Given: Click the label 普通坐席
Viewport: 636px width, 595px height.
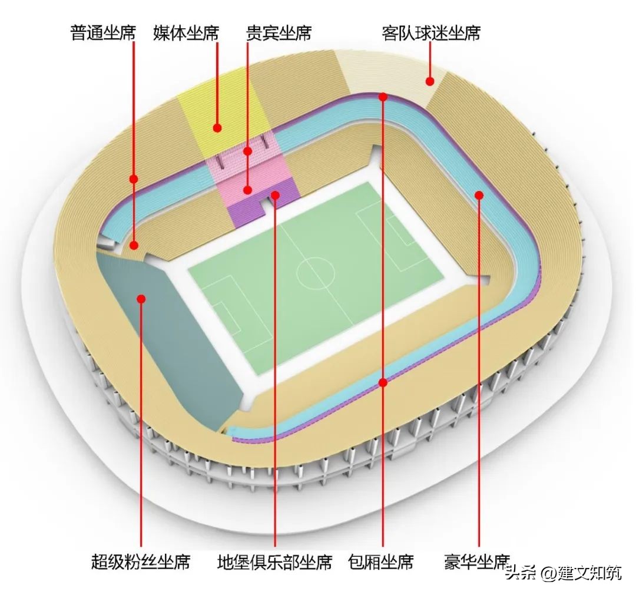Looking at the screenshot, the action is [103, 32].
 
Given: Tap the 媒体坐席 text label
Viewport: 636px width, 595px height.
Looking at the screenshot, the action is [185, 32].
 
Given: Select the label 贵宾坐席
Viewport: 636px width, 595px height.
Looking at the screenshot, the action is [279, 32].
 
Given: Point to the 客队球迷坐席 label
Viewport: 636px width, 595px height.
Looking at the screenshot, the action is [430, 32].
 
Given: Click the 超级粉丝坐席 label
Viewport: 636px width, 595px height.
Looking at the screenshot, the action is [141, 561].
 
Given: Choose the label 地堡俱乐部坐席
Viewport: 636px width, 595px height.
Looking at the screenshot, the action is [274, 561].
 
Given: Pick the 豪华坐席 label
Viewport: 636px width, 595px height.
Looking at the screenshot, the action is [476, 561].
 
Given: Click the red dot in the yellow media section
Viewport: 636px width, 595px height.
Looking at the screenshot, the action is [217, 127].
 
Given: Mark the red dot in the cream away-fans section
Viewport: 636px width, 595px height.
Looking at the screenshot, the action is [430, 81].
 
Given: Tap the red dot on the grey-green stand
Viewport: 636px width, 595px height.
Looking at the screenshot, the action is [141, 299].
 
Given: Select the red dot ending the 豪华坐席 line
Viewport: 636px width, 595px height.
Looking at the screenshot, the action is [479, 194].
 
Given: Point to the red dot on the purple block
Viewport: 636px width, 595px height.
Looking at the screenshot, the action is [275, 193].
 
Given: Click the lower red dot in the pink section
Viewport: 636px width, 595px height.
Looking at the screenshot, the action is [249, 190].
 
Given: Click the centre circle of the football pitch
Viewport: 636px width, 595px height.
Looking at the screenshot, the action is [315, 272].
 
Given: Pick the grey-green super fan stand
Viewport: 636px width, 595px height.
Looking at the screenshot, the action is [171, 330].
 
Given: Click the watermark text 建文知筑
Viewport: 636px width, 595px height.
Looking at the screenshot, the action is [589, 573].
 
